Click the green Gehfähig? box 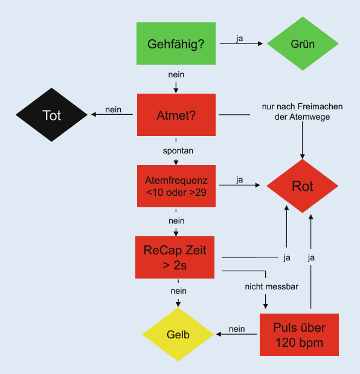tap(176, 44)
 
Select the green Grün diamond tap(303, 44)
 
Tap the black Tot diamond tap(51, 115)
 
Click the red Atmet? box tap(176, 115)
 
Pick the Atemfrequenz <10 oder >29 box tap(176, 186)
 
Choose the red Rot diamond tap(302, 186)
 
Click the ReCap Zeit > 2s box tap(175, 257)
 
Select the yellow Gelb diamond tap(178, 334)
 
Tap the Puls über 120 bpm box tap(299, 335)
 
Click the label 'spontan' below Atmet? tap(178, 150)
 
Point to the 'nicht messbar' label tap(272, 286)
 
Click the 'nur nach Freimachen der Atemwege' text tap(302, 112)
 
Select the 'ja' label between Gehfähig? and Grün tap(239, 39)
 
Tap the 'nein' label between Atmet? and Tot tap(113, 110)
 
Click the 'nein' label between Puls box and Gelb tap(237, 329)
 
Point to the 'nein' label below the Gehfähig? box tap(176, 75)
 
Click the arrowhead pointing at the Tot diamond tap(94, 114)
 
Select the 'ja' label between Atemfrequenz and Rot tap(239, 180)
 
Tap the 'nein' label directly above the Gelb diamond tap(179, 291)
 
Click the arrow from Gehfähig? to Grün tap(241, 44)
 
